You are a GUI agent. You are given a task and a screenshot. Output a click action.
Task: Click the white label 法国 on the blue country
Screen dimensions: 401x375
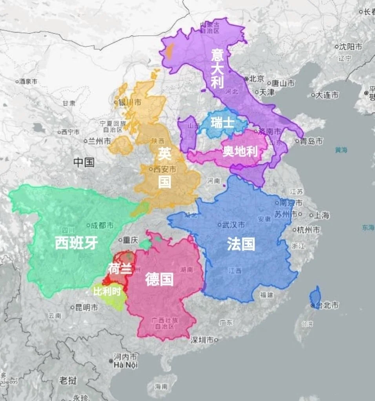241,244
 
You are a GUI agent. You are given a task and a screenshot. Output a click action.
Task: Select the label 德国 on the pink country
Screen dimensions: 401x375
159,279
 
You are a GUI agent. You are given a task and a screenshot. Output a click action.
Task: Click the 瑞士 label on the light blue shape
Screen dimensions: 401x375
222,123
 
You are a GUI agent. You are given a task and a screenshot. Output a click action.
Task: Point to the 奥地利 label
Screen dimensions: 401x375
240,151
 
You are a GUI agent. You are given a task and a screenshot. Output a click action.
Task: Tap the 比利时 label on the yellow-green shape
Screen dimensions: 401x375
104,291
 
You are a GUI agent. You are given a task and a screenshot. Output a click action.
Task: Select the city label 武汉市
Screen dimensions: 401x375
233,225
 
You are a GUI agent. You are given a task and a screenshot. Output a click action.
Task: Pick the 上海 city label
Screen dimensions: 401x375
321,215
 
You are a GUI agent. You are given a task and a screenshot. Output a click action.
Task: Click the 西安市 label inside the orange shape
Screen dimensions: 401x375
165,169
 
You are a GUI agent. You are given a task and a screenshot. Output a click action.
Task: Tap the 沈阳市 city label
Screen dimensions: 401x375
350,47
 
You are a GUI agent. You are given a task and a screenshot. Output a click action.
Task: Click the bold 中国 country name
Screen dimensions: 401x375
84,162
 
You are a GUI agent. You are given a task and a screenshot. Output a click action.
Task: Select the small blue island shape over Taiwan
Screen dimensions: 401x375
315,296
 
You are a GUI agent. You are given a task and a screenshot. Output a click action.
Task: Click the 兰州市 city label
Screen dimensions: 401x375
99,141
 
